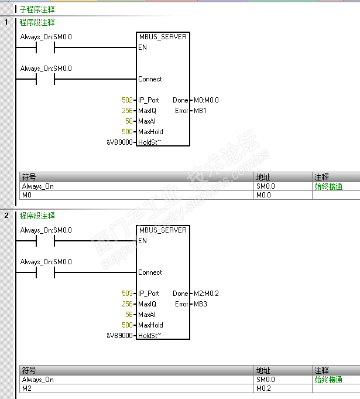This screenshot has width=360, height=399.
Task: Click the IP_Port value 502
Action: pos(127,100)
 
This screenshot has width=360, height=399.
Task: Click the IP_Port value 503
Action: pos(127,294)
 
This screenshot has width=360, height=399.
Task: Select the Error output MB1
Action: pos(200,111)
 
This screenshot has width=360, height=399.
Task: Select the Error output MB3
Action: pos(200,304)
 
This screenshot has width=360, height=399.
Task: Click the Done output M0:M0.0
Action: pos(205,100)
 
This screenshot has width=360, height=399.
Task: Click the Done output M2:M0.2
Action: pos(205,294)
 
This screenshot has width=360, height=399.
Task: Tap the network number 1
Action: pos(6,22)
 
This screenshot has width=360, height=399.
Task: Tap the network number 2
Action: pos(6,216)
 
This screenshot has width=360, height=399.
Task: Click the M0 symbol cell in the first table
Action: pos(26,195)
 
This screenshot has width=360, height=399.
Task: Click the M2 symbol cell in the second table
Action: pos(26,388)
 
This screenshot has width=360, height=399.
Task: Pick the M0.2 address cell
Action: pos(263,388)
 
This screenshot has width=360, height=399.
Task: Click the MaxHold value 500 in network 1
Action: pos(127,132)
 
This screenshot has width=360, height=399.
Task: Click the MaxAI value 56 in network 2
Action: pos(129,315)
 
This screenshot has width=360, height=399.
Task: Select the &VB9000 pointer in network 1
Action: pos(119,142)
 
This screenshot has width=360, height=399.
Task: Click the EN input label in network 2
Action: pos(142,241)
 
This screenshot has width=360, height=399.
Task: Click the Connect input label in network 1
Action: pos(150,79)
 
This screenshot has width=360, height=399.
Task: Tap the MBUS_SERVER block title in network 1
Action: pos(163,37)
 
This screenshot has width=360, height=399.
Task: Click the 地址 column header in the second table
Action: pos(263,371)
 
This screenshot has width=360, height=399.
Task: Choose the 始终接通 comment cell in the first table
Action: pos(328,186)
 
